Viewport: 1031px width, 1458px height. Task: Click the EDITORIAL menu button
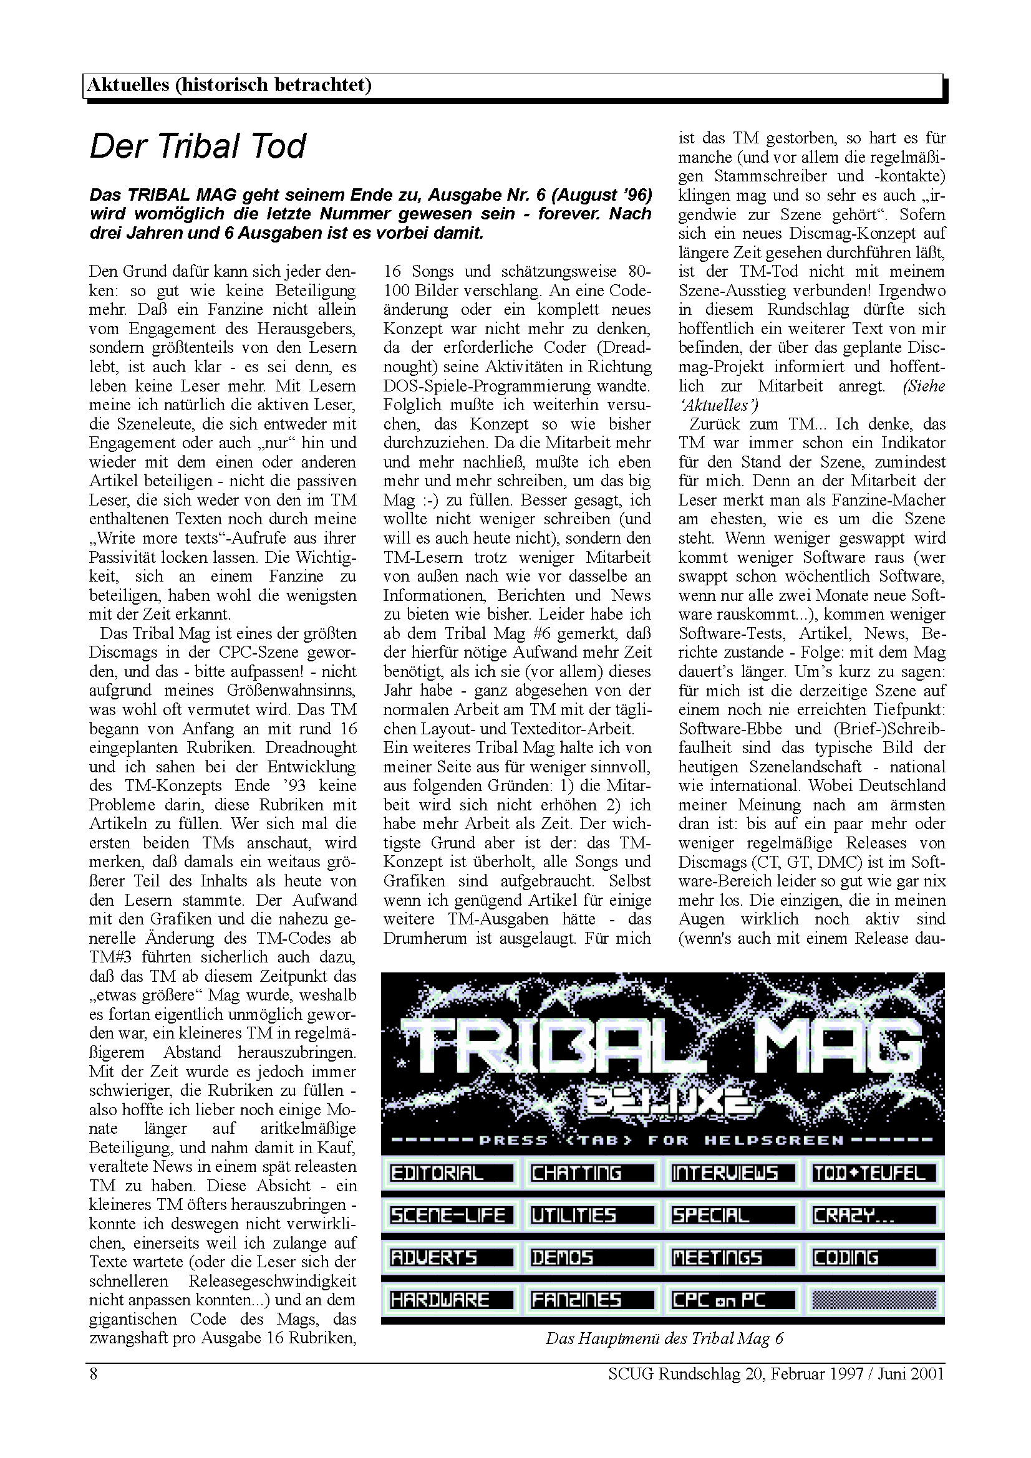coord(450,1173)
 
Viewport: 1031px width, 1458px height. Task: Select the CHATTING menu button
coord(591,1173)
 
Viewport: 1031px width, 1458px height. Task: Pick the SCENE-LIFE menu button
coord(450,1216)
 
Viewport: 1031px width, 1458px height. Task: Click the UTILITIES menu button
coord(591,1216)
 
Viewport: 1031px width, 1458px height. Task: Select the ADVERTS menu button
coord(450,1257)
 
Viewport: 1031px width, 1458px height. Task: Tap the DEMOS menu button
coord(591,1257)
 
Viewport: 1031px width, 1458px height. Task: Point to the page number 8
coord(94,1374)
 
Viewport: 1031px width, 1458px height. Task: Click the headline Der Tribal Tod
coord(198,146)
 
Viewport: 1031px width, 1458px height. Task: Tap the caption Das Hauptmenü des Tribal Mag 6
coord(664,1338)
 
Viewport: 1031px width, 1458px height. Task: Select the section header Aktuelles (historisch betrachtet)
coord(229,85)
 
